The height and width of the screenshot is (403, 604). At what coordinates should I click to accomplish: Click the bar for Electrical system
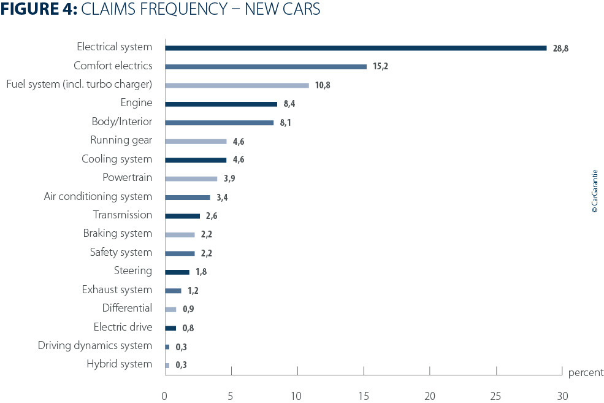coord(356,48)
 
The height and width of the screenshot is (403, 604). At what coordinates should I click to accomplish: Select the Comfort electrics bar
coord(266,66)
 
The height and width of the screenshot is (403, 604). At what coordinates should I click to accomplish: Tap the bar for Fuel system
coord(237,85)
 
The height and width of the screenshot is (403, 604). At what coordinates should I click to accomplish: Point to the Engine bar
coord(221,104)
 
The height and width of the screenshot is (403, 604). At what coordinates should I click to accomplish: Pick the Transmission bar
coord(182,216)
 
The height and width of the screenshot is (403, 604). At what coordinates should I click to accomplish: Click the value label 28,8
coord(560,48)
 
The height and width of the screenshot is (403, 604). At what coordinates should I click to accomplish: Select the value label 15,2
coord(381,67)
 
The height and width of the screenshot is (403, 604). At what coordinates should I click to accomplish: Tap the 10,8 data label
coord(323,85)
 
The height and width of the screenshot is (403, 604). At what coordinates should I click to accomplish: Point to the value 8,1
coord(286,123)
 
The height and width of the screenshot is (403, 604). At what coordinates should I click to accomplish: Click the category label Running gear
coord(121,140)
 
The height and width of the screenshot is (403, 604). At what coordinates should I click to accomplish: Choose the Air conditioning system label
coord(97,196)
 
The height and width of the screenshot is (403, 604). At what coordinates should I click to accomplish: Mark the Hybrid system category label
coord(119,364)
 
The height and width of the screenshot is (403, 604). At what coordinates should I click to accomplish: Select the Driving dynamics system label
coord(94,345)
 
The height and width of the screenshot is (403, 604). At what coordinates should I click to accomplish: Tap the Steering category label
coord(132,271)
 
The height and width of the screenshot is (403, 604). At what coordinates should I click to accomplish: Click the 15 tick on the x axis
coord(364,394)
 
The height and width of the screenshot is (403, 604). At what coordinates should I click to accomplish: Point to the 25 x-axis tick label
coord(496,394)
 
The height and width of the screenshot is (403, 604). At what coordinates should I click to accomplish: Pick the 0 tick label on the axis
coord(164,394)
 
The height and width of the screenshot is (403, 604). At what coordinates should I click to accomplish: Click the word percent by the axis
coord(586,373)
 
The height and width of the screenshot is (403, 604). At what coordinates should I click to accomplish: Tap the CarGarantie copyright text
coord(594,191)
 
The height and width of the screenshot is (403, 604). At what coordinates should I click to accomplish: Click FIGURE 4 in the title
coord(39,10)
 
